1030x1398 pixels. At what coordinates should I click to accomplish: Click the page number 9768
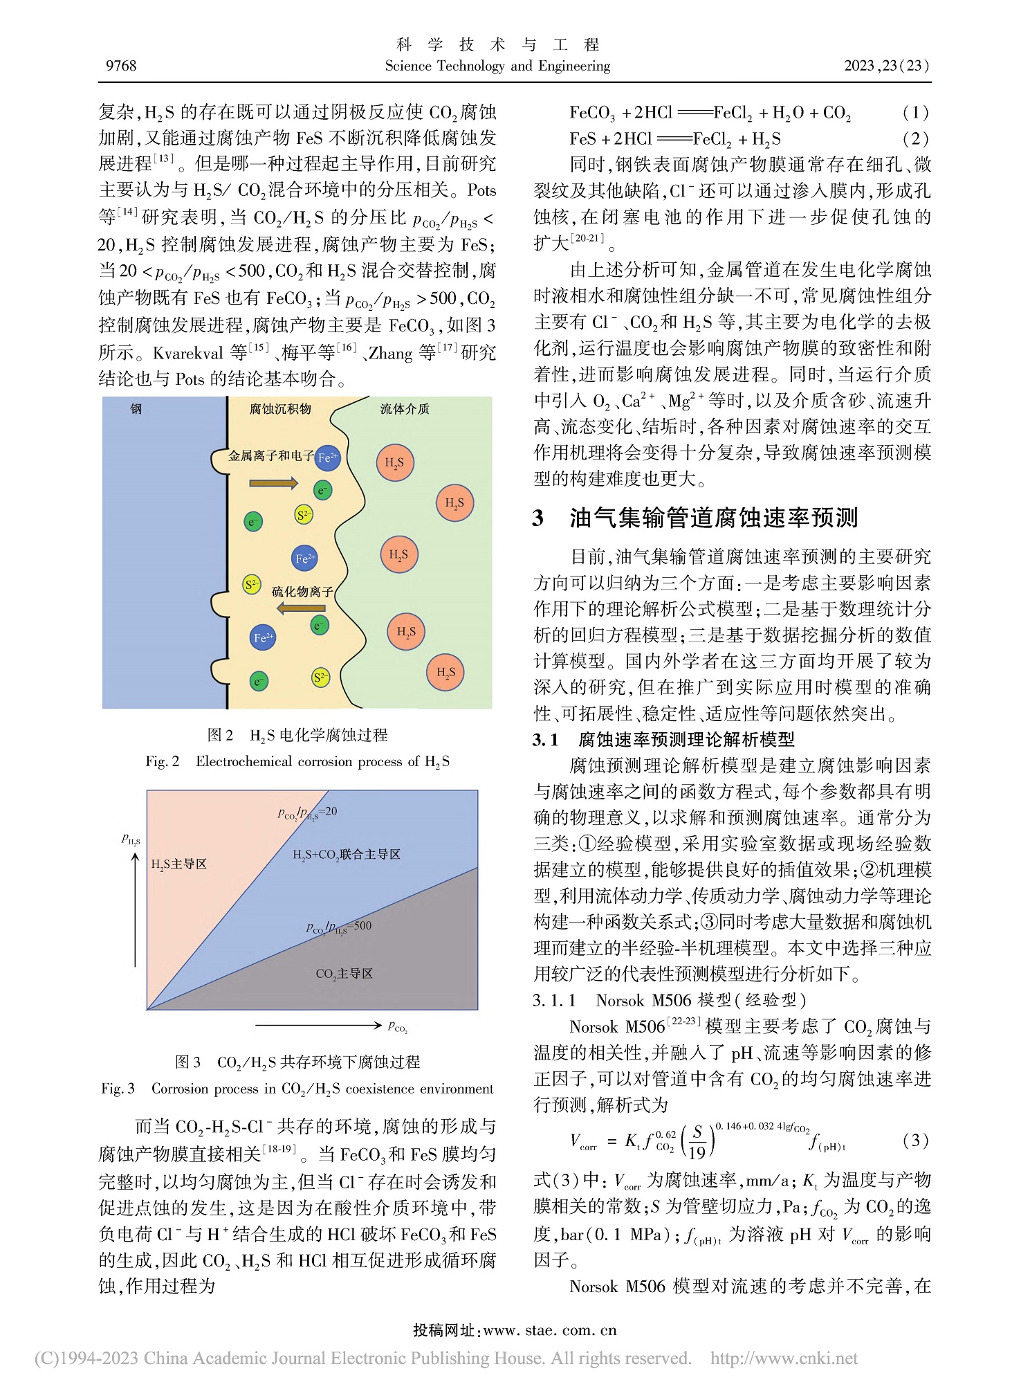(x=121, y=66)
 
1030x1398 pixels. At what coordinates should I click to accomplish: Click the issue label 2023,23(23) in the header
(x=887, y=66)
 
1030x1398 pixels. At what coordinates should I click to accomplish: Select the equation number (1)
(x=915, y=113)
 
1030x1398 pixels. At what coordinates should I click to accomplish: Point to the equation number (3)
(x=915, y=1140)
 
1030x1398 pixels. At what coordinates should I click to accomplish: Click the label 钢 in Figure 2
(x=136, y=409)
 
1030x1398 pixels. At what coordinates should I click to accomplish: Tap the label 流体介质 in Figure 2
(x=405, y=409)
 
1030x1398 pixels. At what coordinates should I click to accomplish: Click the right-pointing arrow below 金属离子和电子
(x=273, y=482)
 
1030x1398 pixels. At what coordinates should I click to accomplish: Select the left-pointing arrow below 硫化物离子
(x=301, y=608)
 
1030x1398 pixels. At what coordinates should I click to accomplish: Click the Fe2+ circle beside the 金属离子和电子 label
(x=328, y=457)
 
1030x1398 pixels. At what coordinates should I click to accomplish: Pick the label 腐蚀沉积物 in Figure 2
(x=280, y=409)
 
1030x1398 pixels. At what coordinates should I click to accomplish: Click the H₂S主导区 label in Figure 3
(x=178, y=864)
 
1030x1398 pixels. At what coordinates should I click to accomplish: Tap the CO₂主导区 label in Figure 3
(x=344, y=974)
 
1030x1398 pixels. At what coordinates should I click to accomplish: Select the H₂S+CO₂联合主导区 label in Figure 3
(x=347, y=855)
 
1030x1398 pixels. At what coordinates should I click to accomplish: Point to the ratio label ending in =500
(x=338, y=927)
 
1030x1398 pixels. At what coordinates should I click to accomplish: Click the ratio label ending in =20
(x=307, y=813)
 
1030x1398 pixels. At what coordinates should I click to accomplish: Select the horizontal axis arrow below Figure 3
(x=318, y=1024)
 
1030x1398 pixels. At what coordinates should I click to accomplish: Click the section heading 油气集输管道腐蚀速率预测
(x=713, y=518)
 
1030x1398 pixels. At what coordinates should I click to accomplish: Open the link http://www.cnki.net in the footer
(x=784, y=1359)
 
